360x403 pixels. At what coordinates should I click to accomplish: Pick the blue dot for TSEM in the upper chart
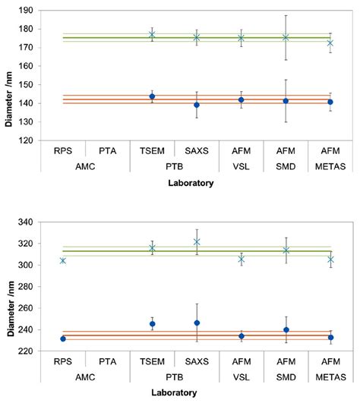click(x=152, y=96)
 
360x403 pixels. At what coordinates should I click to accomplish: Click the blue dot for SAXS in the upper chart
click(x=196, y=105)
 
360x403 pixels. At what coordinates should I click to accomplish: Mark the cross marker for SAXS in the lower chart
click(x=196, y=242)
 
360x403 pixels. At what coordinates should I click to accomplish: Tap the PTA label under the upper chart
click(x=107, y=150)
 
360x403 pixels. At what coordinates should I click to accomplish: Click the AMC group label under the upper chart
click(x=84, y=165)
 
